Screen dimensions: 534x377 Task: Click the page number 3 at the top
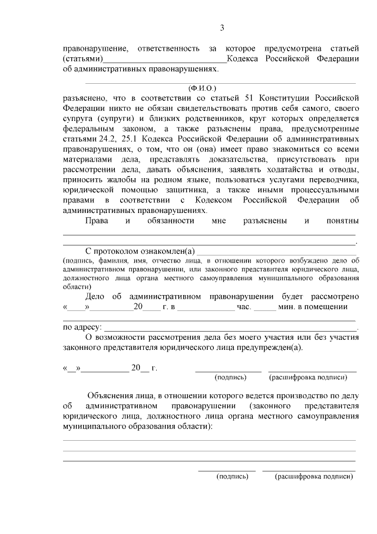point(222,28)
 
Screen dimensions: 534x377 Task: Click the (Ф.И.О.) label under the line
point(204,89)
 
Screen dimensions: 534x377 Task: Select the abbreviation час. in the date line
point(244,307)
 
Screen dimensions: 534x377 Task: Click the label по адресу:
point(82,327)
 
